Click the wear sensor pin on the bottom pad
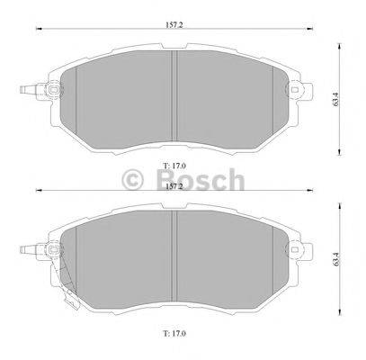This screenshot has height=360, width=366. [x=27, y=251]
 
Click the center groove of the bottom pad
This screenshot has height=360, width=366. [x=174, y=261]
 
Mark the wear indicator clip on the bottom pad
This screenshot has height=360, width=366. [x=59, y=274]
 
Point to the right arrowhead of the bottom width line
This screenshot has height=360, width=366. [x=309, y=192]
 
